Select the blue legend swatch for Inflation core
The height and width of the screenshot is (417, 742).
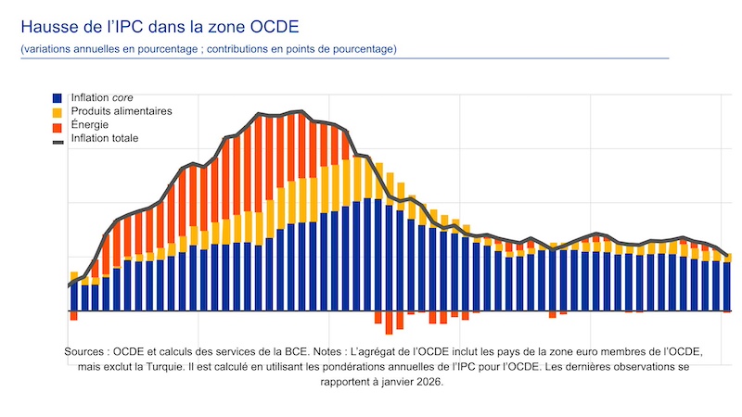58,97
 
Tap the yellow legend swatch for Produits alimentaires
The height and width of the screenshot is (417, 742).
58,111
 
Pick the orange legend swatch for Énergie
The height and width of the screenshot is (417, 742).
58,125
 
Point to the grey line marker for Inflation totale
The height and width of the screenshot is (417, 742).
58,139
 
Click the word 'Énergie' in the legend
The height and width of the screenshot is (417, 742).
91,125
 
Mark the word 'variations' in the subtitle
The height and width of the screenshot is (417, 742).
47,48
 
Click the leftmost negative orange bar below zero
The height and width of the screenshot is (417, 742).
73,316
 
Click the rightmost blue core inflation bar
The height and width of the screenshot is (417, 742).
727,287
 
